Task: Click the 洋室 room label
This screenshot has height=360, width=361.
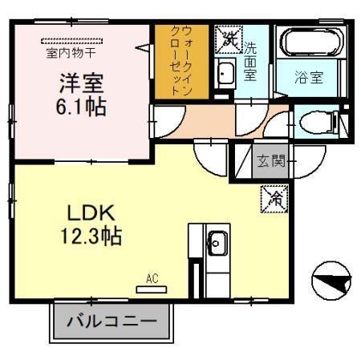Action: (81, 83)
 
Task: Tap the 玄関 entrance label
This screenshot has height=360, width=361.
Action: (270, 161)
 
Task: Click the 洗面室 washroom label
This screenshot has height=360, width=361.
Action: (250, 62)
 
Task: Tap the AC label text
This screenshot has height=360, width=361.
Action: (150, 279)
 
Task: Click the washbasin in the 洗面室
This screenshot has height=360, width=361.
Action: (225, 74)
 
